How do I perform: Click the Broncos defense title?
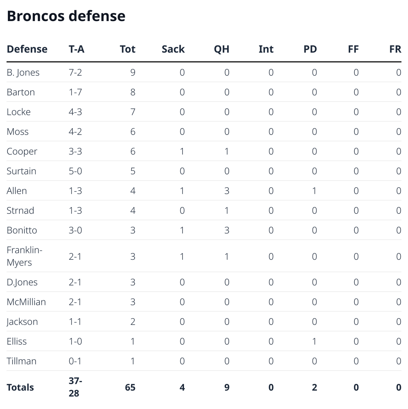pyautogui.click(x=66, y=16)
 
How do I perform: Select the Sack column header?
pyautogui.click(x=173, y=49)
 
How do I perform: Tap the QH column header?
pyautogui.click(x=221, y=49)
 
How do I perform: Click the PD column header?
pyautogui.click(x=310, y=49)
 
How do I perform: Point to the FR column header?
pyautogui.click(x=395, y=49)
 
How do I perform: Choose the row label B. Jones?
pyautogui.click(x=23, y=72)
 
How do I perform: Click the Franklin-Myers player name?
pyautogui.click(x=24, y=256)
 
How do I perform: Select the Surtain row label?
pyautogui.click(x=21, y=171)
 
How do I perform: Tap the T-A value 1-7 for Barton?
pyautogui.click(x=75, y=92)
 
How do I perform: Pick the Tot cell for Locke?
pyautogui.click(x=133, y=112)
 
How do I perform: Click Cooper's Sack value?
pyautogui.click(x=182, y=151)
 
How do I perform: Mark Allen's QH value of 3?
pyautogui.click(x=226, y=191)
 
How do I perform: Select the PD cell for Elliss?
pyautogui.click(x=314, y=341)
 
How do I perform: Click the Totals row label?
pyautogui.click(x=20, y=387)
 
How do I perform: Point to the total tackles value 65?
pyautogui.click(x=130, y=387)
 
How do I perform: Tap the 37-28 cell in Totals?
pyautogui.click(x=74, y=387)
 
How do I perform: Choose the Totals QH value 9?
pyautogui.click(x=226, y=387)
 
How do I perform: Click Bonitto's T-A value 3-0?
pyautogui.click(x=75, y=230)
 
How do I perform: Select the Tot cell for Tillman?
pyautogui.click(x=133, y=361)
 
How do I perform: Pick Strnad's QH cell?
pyautogui.click(x=226, y=210)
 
